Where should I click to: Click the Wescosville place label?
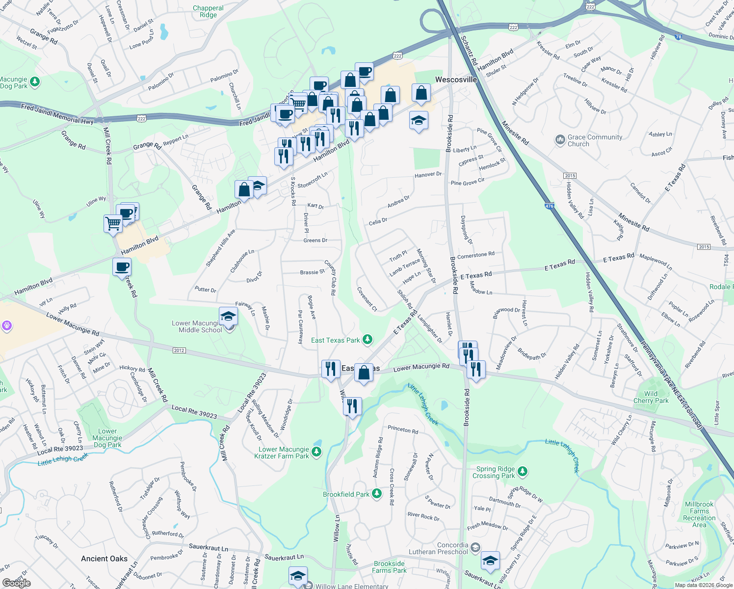456,80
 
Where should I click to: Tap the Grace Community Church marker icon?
560,140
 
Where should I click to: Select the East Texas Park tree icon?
367,340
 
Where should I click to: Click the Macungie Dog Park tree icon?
34,81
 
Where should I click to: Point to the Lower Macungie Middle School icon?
228,317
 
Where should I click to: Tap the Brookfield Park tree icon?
376,494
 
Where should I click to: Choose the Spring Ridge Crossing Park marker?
523,472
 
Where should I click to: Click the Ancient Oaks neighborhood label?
104,559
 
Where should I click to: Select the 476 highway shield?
549,206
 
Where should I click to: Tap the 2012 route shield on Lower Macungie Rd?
179,350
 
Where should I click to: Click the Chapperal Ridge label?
208,11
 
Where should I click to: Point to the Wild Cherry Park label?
651,397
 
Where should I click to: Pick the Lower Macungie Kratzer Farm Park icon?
317,452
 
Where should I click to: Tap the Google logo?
16,583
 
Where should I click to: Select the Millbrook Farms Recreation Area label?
699,514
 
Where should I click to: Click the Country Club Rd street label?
330,278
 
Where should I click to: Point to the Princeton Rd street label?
403,429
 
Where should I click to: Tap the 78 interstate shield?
678,36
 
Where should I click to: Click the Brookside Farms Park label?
389,567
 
